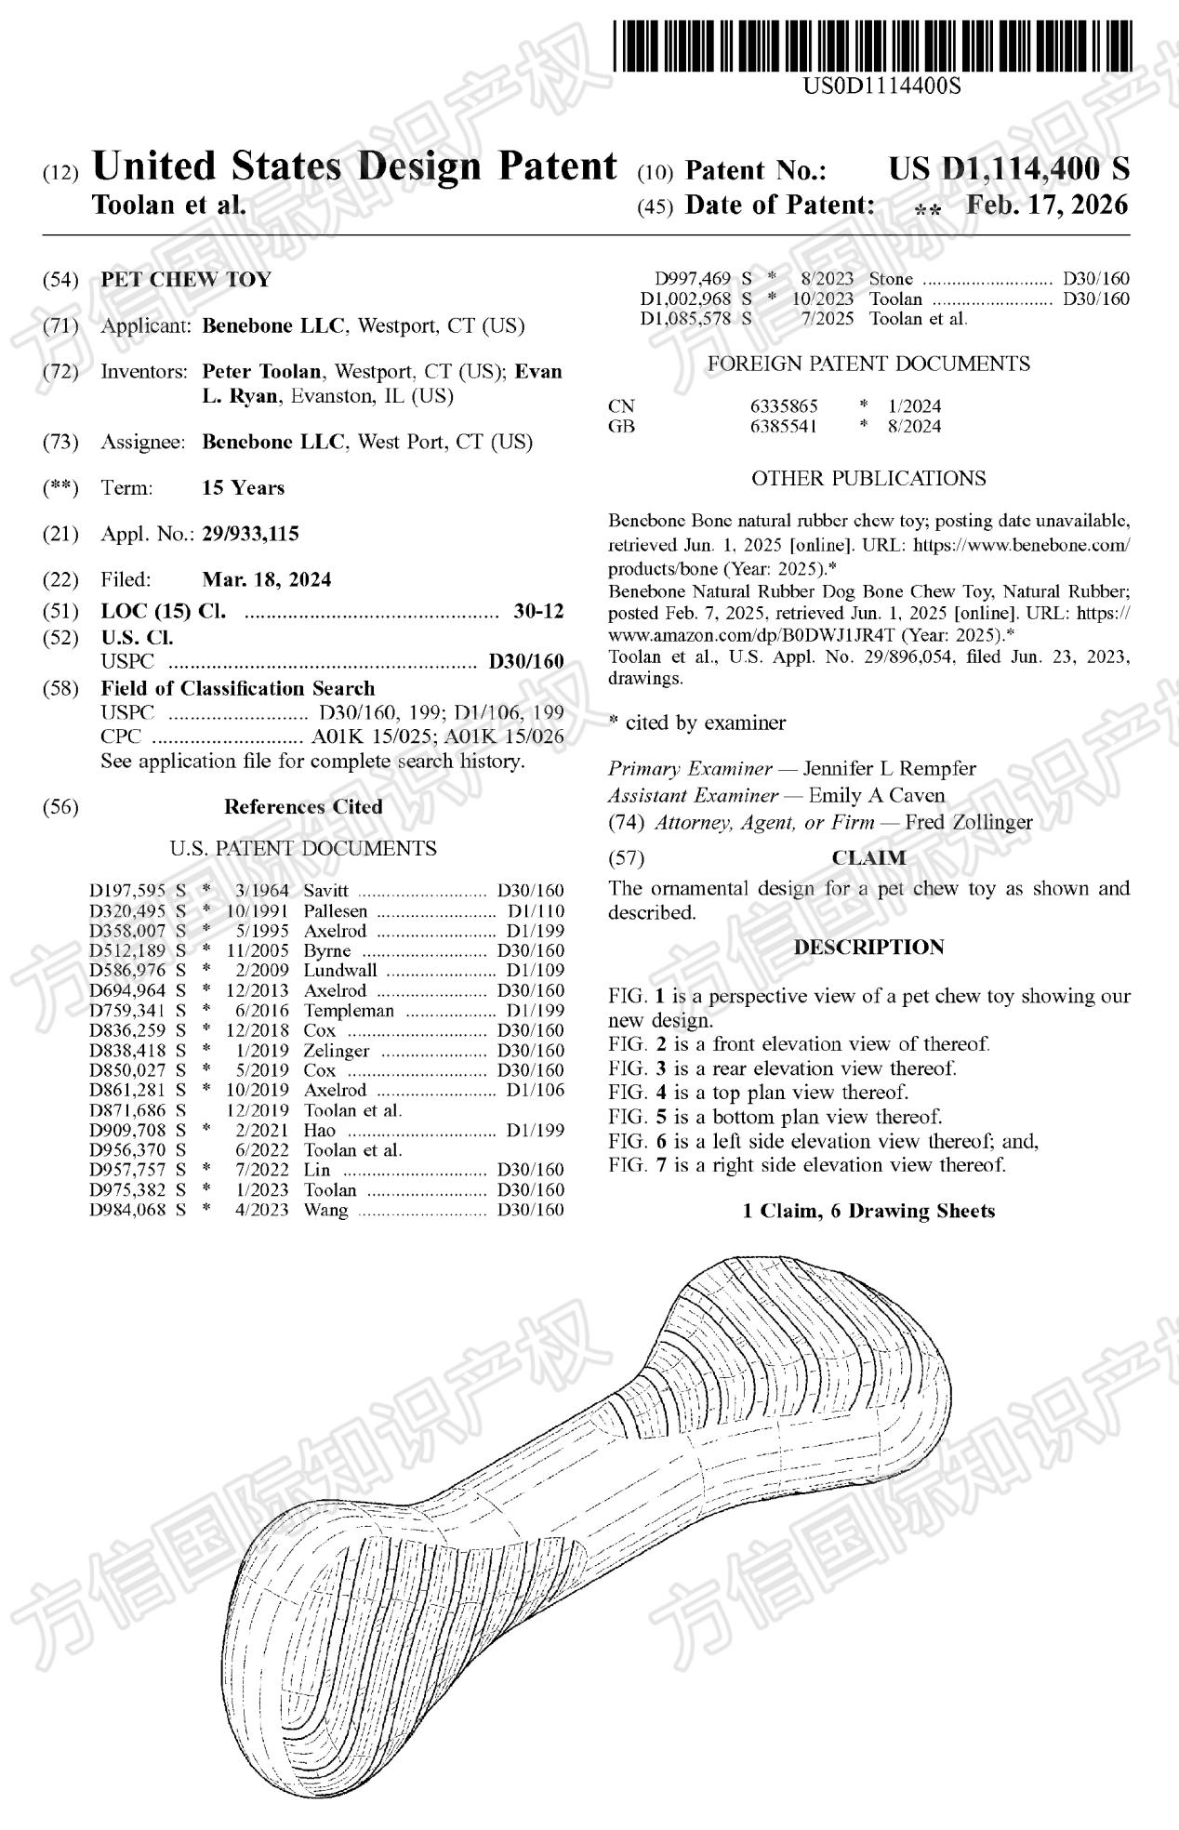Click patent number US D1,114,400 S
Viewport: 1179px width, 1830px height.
(1009, 169)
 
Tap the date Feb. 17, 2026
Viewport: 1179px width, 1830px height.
(1047, 205)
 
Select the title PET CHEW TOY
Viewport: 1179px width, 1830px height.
(186, 279)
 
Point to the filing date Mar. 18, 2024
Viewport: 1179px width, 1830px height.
(266, 579)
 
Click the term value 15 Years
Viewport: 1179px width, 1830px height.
(244, 487)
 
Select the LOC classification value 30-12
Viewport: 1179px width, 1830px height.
(538, 611)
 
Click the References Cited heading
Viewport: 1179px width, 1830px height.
(303, 806)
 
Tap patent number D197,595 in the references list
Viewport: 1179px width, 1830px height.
(127, 891)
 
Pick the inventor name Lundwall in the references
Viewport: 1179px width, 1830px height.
(340, 971)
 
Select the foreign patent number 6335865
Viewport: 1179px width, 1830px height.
(784, 406)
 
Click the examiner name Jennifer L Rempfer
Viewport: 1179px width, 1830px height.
(889, 769)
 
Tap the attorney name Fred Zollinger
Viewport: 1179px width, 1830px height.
(969, 822)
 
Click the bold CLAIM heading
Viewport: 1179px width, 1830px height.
(868, 857)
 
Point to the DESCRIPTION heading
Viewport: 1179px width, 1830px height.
(868, 948)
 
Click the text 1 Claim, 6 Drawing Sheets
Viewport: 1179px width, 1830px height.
(868, 1211)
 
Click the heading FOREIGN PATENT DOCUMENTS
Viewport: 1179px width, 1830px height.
(868, 364)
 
